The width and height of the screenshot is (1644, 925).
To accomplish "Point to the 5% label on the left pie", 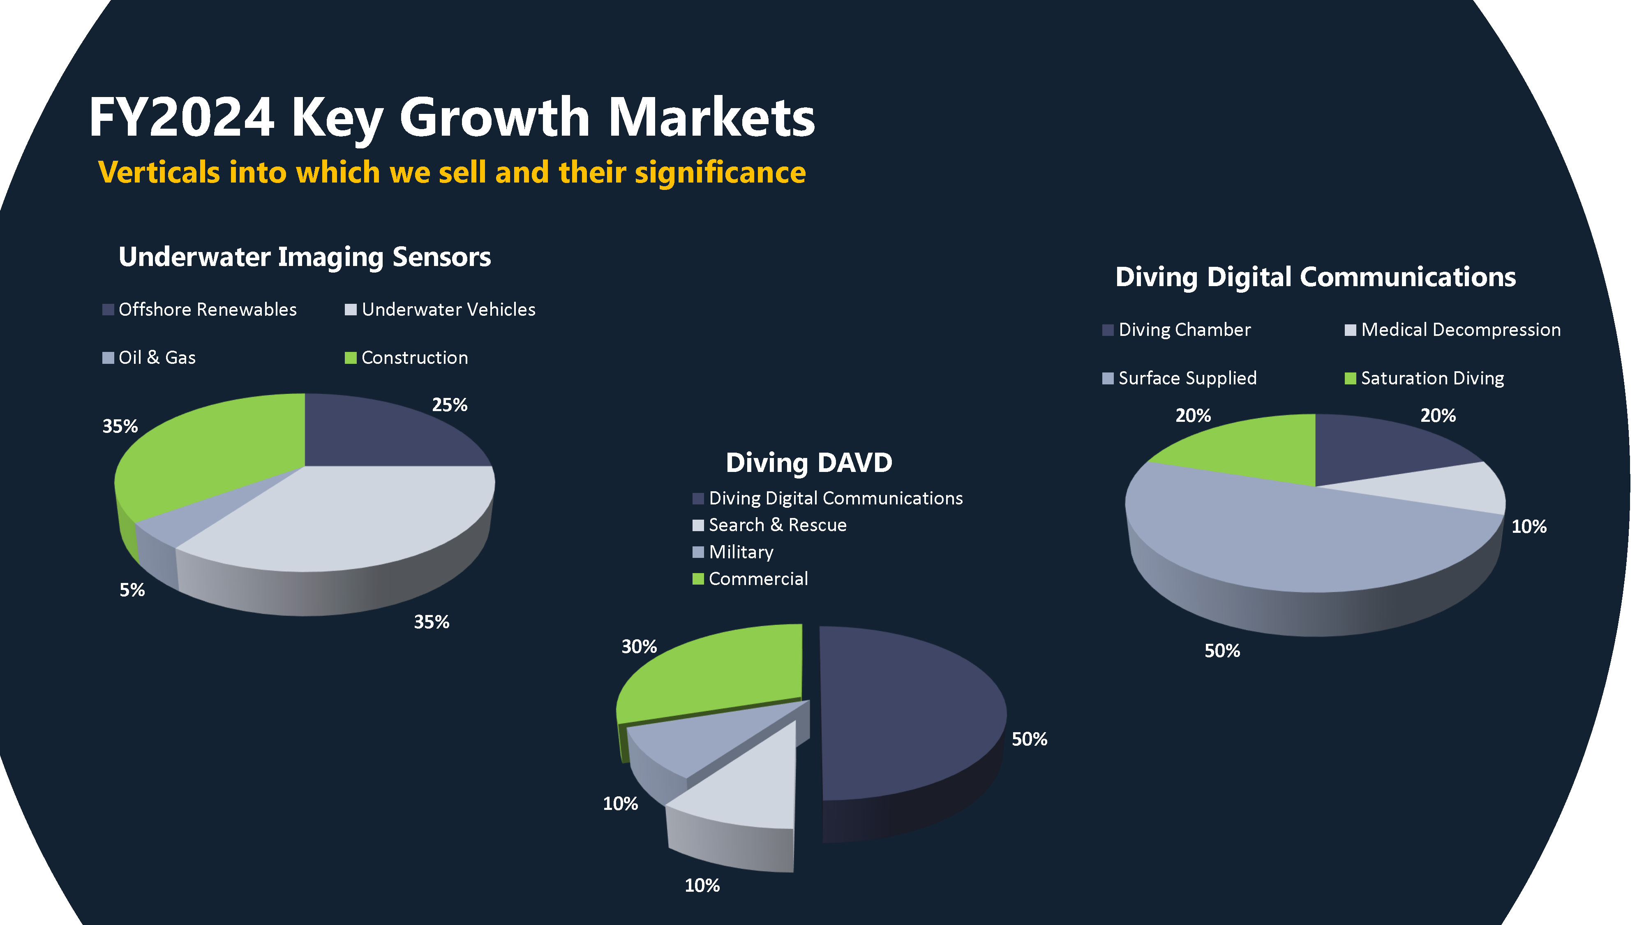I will click(132, 590).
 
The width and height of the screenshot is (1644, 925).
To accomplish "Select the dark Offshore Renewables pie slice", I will click(383, 434).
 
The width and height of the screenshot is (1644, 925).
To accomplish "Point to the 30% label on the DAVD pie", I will click(639, 647).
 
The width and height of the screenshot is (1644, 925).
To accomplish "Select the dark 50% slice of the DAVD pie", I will click(906, 715).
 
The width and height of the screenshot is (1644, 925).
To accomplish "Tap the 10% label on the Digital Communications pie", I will click(1529, 527).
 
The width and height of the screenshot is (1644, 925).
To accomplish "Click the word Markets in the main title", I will click(711, 118).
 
